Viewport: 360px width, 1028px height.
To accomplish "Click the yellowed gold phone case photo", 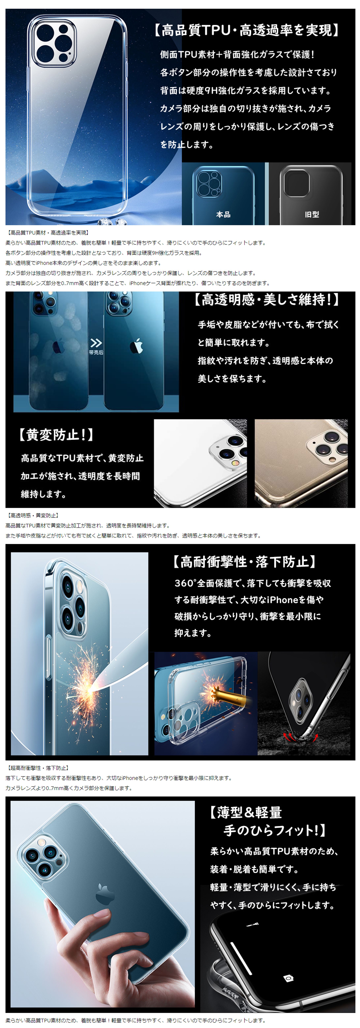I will click(301, 463).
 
